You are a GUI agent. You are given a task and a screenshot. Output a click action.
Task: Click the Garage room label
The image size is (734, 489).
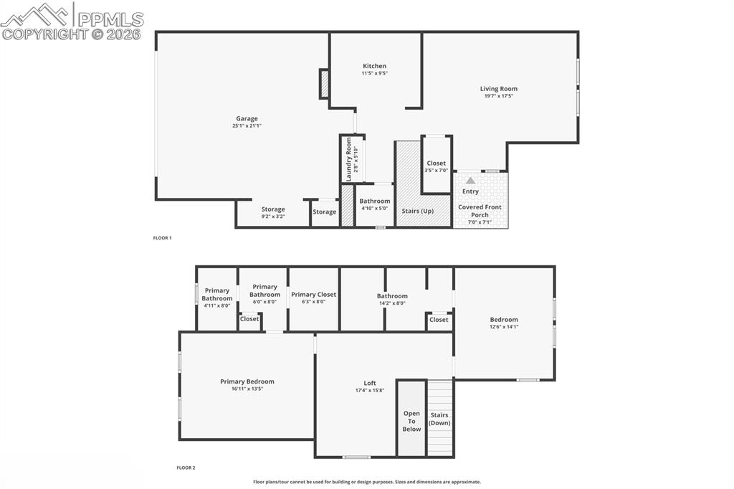click(247, 119)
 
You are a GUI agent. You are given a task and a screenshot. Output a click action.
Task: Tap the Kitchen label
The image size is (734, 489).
click(374, 66)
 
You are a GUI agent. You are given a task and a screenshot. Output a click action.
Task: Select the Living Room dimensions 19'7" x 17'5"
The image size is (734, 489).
click(499, 96)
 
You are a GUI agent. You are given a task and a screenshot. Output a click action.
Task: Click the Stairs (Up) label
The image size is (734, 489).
click(417, 211)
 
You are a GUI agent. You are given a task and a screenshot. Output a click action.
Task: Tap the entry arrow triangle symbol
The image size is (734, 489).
click(470, 181)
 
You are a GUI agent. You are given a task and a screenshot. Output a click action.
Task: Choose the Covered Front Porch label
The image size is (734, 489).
click(480, 211)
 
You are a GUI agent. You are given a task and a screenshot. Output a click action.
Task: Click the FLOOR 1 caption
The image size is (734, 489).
click(163, 237)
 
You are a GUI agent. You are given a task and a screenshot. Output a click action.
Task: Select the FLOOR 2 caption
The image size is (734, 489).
click(186, 467)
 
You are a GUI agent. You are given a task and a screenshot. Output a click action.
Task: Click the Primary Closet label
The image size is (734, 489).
click(313, 294)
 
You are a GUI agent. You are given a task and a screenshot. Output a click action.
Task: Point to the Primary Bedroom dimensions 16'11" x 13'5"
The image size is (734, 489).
click(247, 389)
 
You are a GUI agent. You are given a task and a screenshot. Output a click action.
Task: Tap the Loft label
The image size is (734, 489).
click(370, 383)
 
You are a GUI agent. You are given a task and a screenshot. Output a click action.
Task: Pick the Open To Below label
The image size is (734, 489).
click(411, 421)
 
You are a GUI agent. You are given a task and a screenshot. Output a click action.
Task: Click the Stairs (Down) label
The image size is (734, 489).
click(439, 419)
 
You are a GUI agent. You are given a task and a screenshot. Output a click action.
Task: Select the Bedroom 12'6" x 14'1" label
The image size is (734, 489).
click(504, 320)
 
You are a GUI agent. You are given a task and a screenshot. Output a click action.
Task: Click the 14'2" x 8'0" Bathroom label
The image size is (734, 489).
click(392, 295)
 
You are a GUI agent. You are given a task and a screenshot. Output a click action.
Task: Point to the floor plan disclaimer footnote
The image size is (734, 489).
click(367, 482)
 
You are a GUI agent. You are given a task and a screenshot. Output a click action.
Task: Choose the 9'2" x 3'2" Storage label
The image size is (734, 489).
click(272, 209)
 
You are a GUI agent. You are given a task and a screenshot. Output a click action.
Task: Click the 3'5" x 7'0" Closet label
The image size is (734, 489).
click(436, 163)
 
